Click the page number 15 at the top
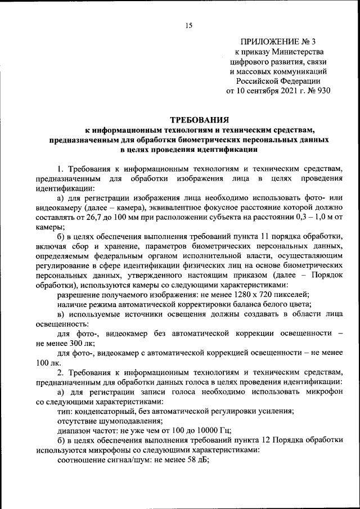[x=188, y=25]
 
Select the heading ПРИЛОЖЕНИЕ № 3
[x=278, y=42]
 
